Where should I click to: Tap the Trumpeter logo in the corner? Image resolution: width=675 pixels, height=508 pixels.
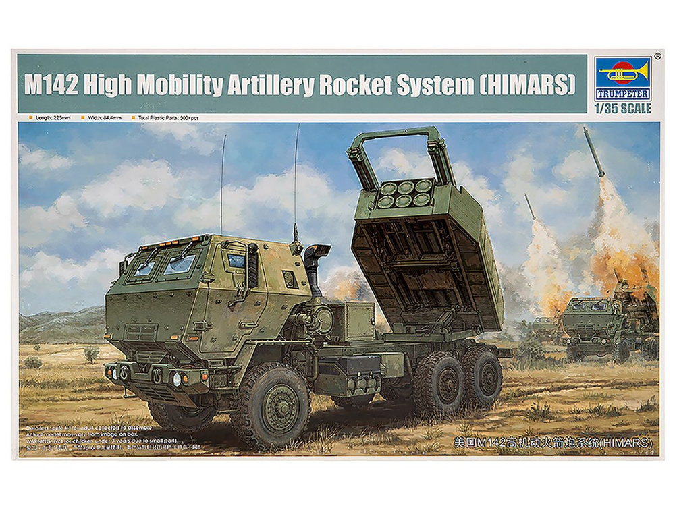622,79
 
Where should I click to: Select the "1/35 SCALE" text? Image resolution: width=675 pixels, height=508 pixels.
622,108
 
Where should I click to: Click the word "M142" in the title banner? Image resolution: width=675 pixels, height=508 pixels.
55,85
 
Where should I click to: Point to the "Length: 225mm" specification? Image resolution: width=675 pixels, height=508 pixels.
51,118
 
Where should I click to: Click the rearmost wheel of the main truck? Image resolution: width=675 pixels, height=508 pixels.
482,377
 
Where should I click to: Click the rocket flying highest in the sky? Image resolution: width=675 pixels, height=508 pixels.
594,152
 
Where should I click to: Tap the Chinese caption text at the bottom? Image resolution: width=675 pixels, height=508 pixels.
551,443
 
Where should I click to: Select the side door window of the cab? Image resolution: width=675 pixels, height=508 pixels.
236,260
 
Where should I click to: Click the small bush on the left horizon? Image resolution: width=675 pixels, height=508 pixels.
91,353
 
